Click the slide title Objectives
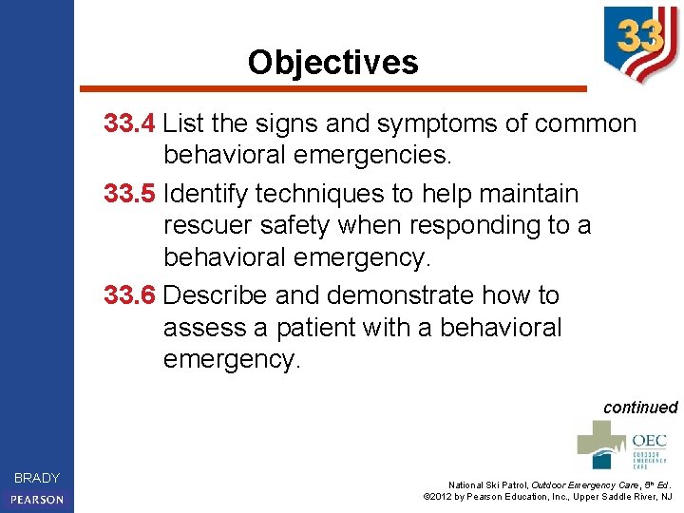(x=332, y=63)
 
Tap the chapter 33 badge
(x=640, y=42)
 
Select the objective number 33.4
(x=130, y=123)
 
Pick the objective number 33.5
(x=130, y=194)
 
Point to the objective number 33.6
(x=130, y=295)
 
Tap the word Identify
(x=200, y=194)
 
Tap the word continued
(x=640, y=408)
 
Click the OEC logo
(x=622, y=445)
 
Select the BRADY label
(x=37, y=478)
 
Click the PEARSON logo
(x=37, y=499)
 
